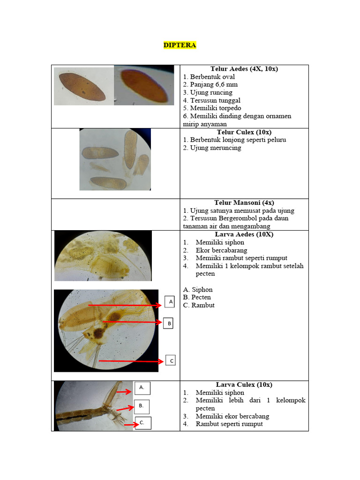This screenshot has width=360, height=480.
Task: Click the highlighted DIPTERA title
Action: (x=180, y=45)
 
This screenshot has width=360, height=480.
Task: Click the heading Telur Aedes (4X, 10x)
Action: (x=244, y=69)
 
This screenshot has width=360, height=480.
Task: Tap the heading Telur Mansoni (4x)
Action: (x=244, y=203)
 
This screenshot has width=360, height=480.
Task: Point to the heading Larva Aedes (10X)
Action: (x=244, y=234)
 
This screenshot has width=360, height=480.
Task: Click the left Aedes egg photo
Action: (x=84, y=86)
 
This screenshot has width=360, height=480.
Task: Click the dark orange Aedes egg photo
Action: (x=147, y=85)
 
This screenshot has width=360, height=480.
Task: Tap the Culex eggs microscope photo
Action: (x=115, y=159)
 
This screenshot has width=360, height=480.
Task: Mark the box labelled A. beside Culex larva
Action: (x=142, y=388)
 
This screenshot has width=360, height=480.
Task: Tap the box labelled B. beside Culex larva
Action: (x=142, y=405)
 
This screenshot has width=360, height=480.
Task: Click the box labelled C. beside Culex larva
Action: (x=142, y=423)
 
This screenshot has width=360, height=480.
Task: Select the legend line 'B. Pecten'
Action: (x=197, y=297)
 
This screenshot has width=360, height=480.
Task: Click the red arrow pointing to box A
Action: (x=125, y=305)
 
